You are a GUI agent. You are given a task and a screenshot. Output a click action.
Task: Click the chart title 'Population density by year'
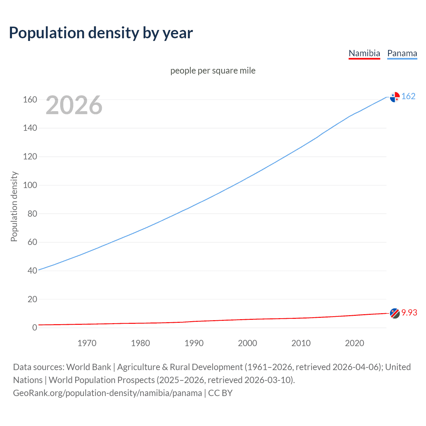(x=101, y=33)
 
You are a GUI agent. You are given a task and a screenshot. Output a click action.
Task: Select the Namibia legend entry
(x=364, y=54)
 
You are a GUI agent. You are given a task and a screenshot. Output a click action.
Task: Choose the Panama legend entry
(x=402, y=54)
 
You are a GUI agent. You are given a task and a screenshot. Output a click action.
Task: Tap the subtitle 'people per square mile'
(x=213, y=71)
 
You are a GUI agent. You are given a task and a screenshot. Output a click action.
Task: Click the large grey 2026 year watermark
(x=74, y=105)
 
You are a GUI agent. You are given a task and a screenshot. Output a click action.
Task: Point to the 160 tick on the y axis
(x=30, y=100)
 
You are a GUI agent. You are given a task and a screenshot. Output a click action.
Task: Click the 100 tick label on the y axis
(x=30, y=185)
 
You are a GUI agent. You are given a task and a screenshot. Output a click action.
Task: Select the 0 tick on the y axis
(x=35, y=327)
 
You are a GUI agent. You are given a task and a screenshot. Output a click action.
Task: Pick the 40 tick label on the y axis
(x=32, y=271)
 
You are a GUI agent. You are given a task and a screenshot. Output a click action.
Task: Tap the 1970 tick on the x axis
(x=87, y=343)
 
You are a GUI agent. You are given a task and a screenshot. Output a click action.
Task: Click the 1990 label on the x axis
(x=194, y=343)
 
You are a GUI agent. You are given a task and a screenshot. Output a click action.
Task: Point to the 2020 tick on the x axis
(x=354, y=343)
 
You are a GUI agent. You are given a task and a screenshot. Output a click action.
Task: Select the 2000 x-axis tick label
(x=247, y=343)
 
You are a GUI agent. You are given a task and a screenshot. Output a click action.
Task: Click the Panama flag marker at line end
(x=395, y=97)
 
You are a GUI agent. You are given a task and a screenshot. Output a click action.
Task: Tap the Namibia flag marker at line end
(x=395, y=313)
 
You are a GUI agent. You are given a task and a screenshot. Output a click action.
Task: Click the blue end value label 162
(x=408, y=96)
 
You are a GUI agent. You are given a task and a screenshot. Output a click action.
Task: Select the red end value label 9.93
(x=409, y=313)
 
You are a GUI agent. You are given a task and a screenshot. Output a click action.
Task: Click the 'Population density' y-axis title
(x=14, y=206)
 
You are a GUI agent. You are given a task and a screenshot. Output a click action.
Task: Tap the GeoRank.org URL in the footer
(x=107, y=393)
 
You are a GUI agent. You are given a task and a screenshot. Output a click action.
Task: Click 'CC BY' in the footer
(x=220, y=393)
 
